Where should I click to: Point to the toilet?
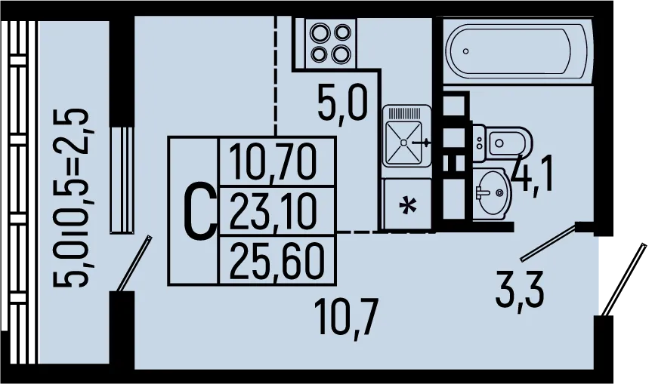tap(503, 143)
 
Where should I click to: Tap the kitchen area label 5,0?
tap(342, 104)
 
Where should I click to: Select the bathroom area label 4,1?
tap(533, 173)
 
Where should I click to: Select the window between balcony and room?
tap(122, 180)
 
